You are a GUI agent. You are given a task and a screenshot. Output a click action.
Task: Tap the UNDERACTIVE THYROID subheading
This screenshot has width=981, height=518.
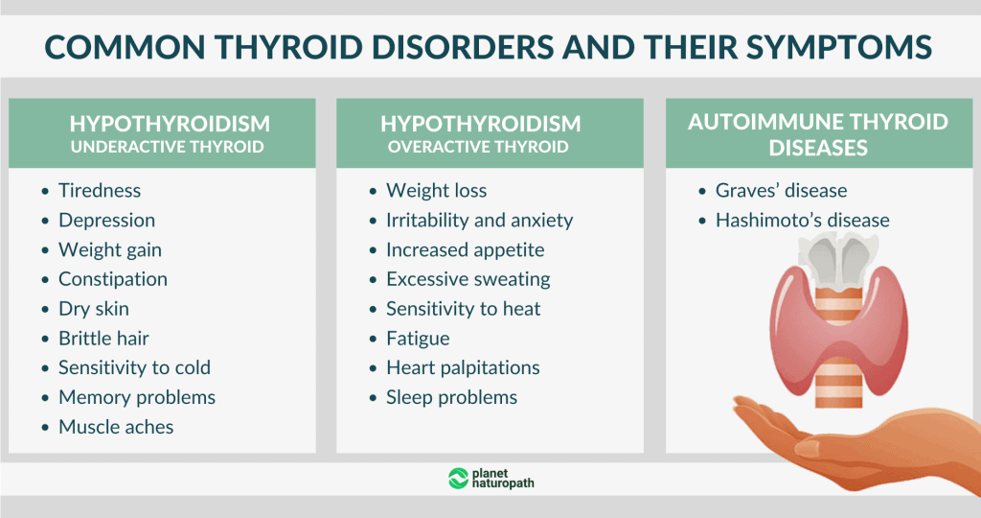pyautogui.click(x=170, y=147)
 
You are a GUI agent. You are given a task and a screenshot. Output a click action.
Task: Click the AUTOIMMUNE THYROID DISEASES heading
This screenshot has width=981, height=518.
pyautogui.click(x=818, y=134)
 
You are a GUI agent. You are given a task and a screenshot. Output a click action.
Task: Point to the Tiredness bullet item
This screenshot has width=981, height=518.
pyautogui.click(x=100, y=190)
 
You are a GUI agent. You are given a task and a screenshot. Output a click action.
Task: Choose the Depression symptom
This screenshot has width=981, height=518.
pyautogui.click(x=106, y=220)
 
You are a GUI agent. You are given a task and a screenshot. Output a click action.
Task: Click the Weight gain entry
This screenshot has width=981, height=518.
pyautogui.click(x=110, y=249)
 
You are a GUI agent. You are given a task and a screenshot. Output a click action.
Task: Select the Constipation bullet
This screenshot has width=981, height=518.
pyautogui.click(x=113, y=279)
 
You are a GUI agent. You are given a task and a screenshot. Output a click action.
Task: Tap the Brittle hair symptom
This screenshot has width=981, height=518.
pyautogui.click(x=103, y=338)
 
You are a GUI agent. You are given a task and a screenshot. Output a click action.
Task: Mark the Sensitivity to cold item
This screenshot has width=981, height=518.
pyautogui.click(x=134, y=367)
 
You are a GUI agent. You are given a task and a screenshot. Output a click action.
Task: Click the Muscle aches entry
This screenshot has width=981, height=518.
pyautogui.click(x=116, y=427)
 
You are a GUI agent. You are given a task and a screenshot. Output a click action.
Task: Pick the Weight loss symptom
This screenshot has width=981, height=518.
pyautogui.click(x=436, y=190)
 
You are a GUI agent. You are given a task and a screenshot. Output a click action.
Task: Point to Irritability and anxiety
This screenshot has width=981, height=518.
pyautogui.click(x=479, y=220)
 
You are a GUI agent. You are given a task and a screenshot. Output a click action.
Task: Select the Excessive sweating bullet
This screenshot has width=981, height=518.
pyautogui.click(x=468, y=279)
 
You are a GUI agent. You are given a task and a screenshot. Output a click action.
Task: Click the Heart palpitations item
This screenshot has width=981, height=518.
pyautogui.click(x=463, y=367)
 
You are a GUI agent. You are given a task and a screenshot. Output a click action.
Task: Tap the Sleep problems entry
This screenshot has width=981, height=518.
pyautogui.click(x=451, y=397)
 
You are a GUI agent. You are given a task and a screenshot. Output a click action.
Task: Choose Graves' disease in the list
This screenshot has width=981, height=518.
pyautogui.click(x=781, y=190)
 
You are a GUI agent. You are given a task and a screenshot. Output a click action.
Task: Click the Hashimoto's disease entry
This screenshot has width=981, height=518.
pyautogui.click(x=802, y=220)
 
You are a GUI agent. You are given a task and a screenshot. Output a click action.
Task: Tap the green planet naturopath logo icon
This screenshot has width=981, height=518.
pyautogui.click(x=458, y=478)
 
